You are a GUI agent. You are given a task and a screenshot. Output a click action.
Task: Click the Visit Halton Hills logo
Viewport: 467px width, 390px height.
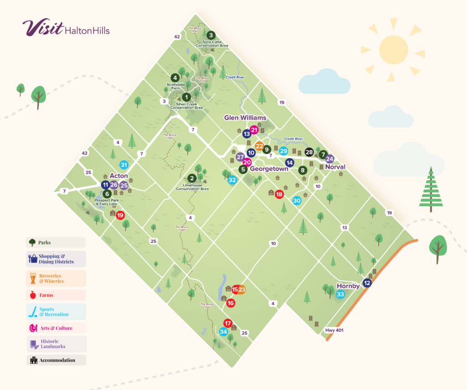click(66, 28)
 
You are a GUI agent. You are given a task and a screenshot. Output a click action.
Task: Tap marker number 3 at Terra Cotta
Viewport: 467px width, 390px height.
click(211, 35)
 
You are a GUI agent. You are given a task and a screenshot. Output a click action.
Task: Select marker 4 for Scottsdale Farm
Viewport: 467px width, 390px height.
click(175, 78)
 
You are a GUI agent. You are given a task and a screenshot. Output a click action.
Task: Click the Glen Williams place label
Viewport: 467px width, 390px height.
click(245, 118)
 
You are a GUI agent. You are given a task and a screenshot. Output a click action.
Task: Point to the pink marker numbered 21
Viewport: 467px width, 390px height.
click(254, 130)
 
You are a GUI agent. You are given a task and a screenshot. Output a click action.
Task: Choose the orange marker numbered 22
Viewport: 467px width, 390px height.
click(259, 147)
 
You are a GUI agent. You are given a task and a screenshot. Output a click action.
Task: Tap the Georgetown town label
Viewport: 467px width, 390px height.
click(269, 169)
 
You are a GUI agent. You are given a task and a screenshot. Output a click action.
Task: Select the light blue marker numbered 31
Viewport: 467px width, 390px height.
click(124, 165)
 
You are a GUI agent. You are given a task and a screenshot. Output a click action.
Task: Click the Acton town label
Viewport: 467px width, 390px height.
click(119, 176)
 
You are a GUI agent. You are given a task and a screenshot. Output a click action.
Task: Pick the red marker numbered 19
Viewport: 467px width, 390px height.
click(120, 215)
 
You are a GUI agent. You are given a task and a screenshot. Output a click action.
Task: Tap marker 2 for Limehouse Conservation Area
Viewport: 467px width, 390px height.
click(192, 178)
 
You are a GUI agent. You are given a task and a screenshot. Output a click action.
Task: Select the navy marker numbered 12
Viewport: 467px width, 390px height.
click(367, 283)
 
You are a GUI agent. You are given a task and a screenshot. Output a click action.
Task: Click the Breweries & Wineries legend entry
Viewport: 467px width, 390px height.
click(56, 278)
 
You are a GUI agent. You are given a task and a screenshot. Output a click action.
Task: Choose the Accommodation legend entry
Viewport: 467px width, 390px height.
click(56, 360)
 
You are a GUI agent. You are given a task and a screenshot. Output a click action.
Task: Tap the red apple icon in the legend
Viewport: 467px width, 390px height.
click(33, 295)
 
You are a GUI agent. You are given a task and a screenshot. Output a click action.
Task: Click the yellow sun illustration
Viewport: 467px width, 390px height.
click(393, 49)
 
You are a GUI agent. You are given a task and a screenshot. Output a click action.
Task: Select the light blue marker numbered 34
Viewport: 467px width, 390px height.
click(223, 332)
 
